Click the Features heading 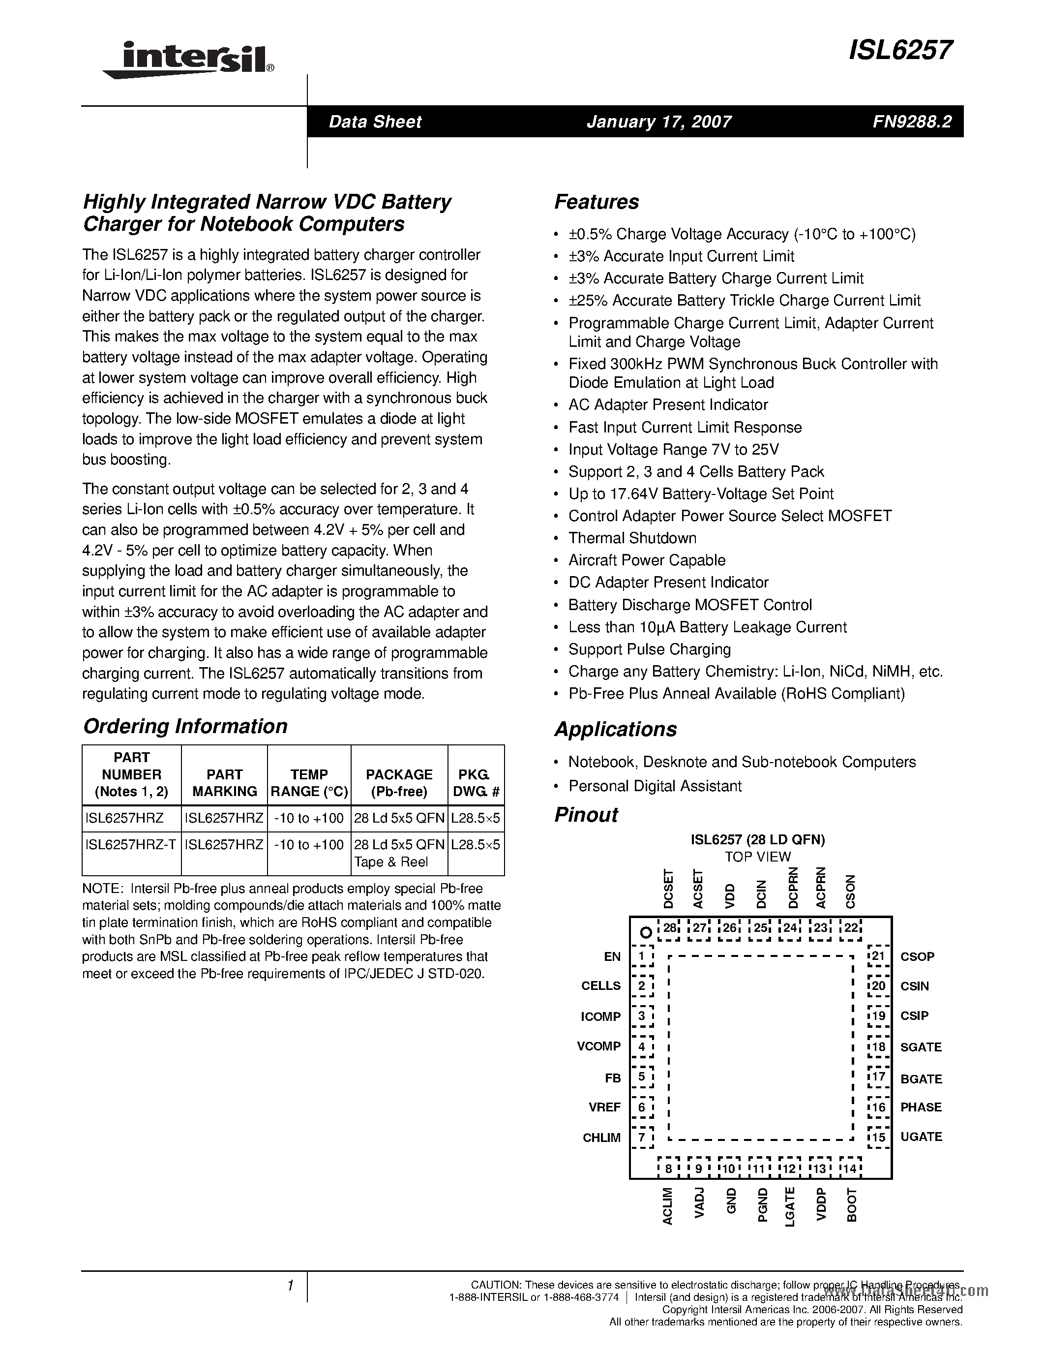[596, 202]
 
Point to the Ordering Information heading [185, 726]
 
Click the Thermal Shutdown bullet [632, 538]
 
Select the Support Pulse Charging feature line [650, 649]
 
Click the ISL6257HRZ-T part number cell [131, 844]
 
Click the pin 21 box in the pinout [878, 956]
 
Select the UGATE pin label [921, 1137]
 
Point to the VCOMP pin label [598, 1046]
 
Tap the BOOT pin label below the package [852, 1205]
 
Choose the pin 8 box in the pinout [669, 1169]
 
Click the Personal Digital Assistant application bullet [655, 786]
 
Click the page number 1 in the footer [290, 1286]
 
